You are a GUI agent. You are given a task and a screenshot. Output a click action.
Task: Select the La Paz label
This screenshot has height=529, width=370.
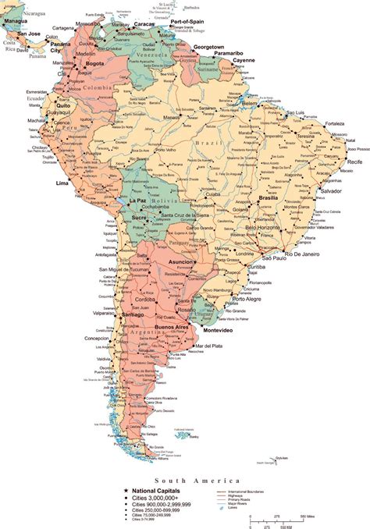pyautogui.click(x=126, y=199)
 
